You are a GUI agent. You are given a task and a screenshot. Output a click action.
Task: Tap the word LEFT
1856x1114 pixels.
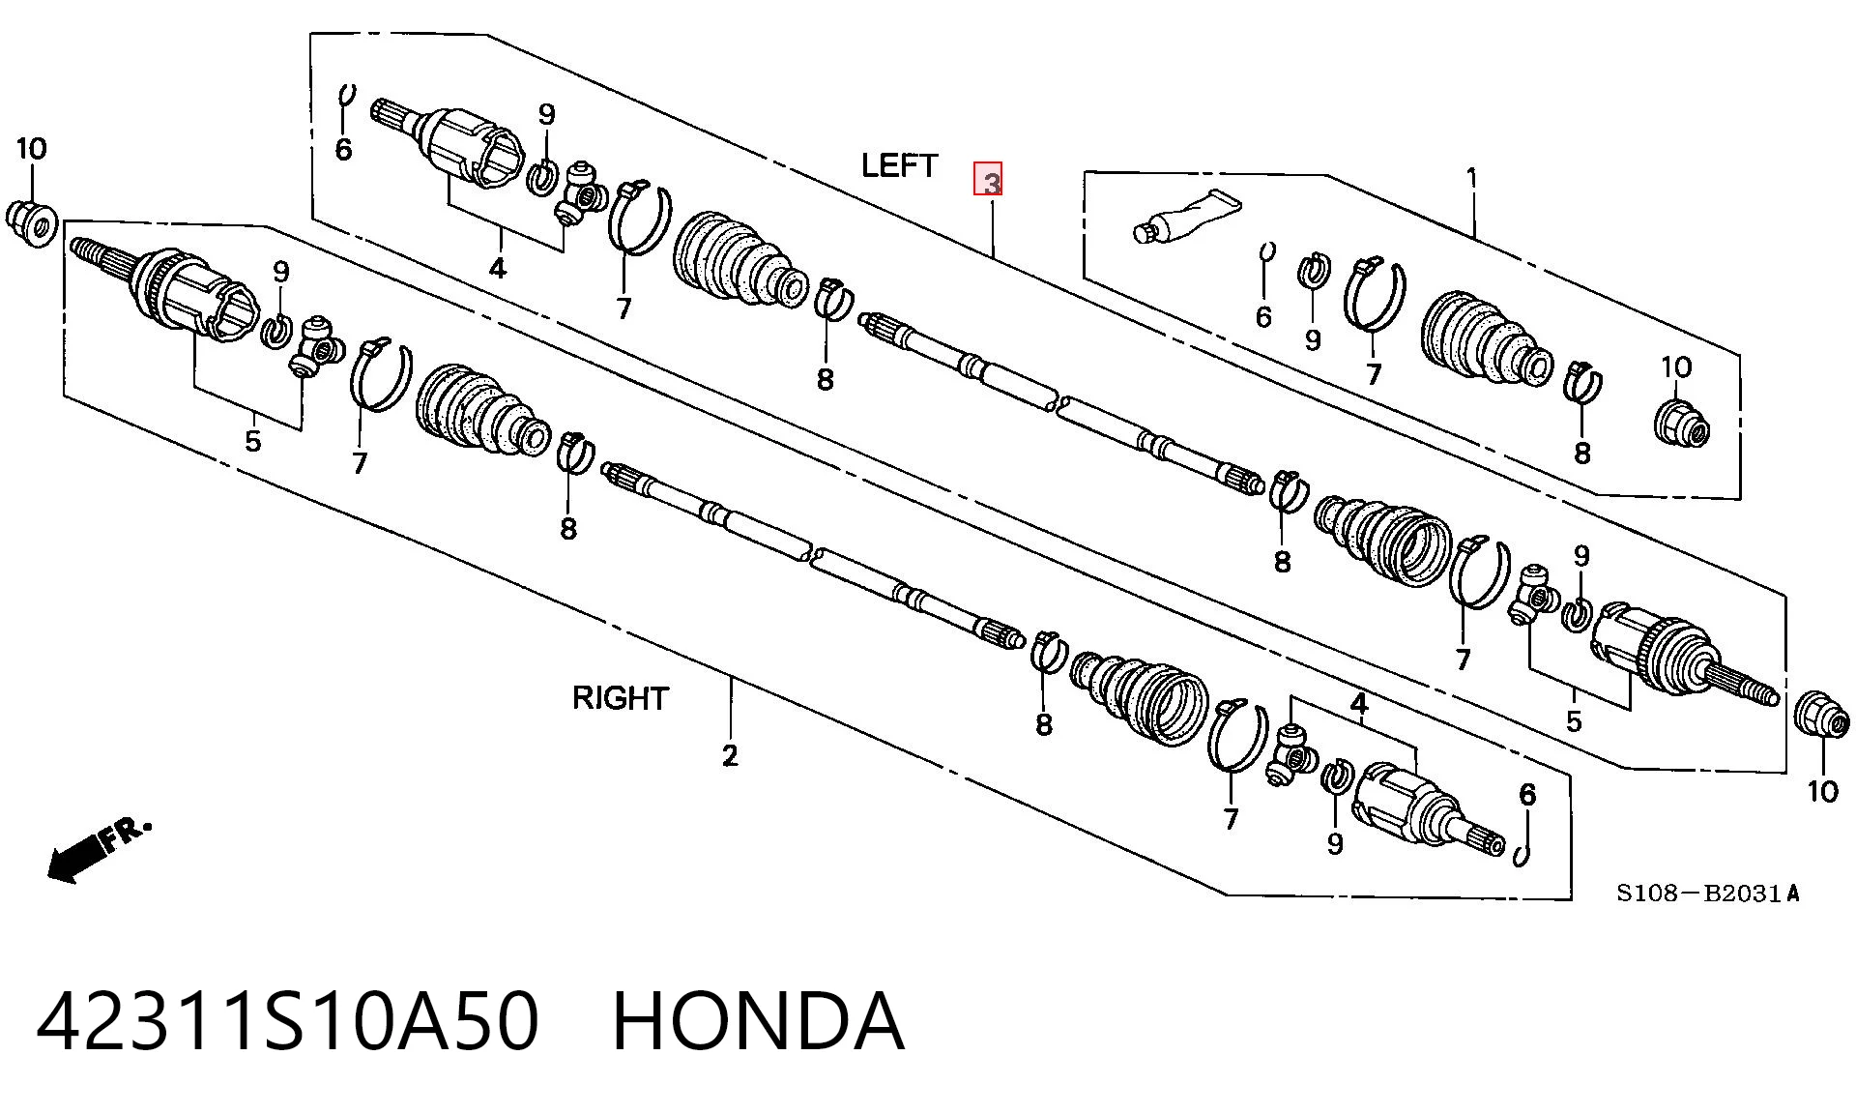pos(899,165)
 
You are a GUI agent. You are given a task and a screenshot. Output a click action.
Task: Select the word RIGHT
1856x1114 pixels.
pos(620,697)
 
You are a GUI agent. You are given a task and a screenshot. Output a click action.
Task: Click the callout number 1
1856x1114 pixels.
pos(1471,178)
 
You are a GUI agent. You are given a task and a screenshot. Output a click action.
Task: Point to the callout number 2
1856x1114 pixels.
pos(730,755)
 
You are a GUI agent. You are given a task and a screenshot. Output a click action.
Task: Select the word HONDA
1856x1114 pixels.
pos(758,1021)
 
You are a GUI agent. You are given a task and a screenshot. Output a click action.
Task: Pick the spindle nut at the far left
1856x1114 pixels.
pos(31,222)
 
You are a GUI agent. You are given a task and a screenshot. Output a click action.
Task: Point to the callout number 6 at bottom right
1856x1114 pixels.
pos(1526,794)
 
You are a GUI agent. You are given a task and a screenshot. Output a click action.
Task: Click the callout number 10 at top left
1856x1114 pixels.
pos(31,149)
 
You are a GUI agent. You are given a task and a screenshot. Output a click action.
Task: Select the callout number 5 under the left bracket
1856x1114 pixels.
pos(252,441)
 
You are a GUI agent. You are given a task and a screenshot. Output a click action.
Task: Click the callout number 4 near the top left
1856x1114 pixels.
pos(497,267)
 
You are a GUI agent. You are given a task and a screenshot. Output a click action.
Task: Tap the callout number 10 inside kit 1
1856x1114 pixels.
pos(1676,366)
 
